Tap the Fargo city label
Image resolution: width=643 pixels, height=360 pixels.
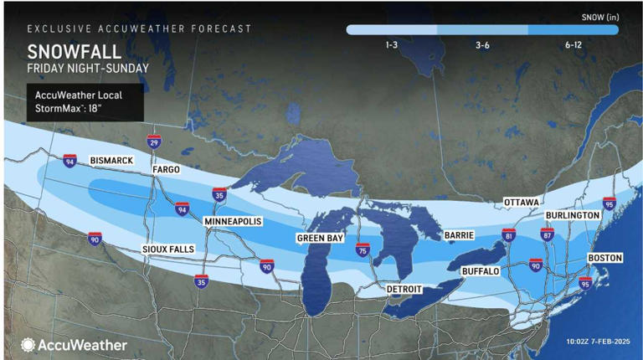165,170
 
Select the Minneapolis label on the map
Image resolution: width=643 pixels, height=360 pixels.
234,221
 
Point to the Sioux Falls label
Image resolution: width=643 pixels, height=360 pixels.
167,249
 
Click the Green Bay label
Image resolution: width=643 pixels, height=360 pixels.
320,239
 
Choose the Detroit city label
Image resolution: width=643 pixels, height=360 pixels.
404,289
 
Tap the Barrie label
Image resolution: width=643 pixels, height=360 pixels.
460,236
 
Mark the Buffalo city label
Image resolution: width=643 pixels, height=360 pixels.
480,272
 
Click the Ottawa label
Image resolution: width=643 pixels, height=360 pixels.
521,203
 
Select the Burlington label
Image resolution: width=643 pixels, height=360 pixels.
572,215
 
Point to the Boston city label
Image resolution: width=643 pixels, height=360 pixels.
604,258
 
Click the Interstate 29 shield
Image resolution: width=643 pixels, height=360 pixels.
153,142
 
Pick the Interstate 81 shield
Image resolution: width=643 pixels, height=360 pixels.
508,235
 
